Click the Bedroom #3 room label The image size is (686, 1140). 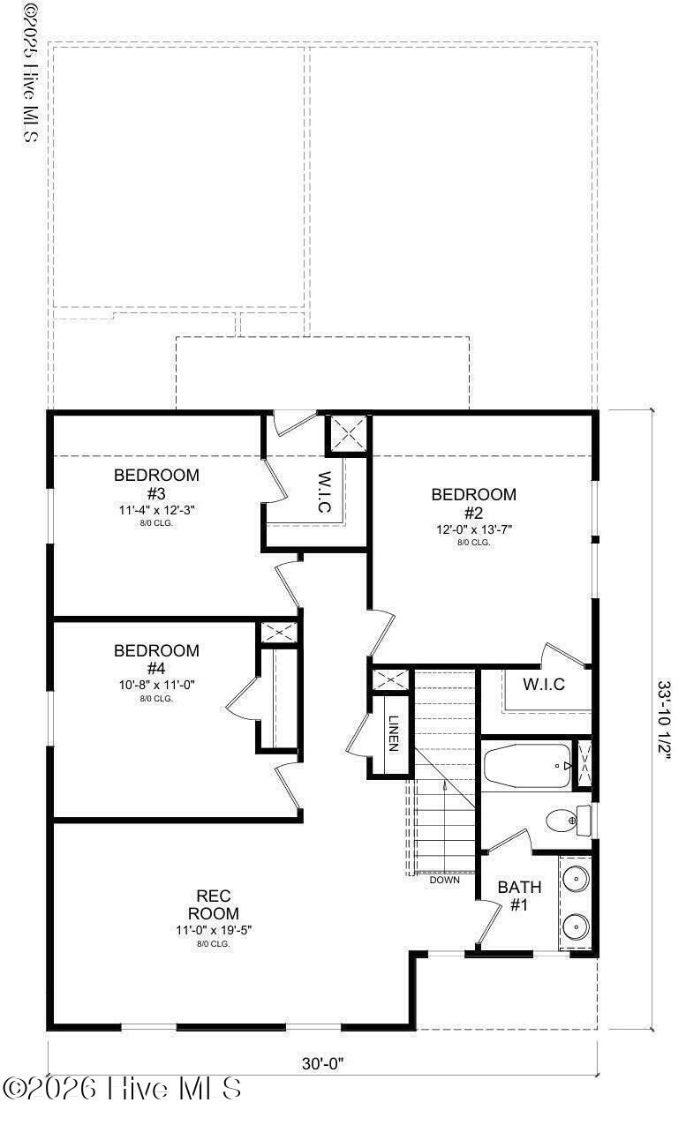click(x=156, y=484)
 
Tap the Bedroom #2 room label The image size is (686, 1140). click(x=473, y=503)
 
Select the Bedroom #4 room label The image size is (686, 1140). click(x=156, y=659)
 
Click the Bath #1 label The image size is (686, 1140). click(x=519, y=895)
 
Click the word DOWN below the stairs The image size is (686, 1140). click(x=444, y=880)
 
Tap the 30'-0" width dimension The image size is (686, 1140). click(x=322, y=1063)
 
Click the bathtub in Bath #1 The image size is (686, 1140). click(x=527, y=764)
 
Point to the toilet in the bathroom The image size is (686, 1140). click(x=562, y=821)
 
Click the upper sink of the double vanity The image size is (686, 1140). click(x=576, y=878)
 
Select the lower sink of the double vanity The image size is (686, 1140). click(x=576, y=926)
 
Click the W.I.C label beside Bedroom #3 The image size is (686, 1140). click(x=324, y=492)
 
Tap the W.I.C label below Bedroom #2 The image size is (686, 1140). click(x=543, y=684)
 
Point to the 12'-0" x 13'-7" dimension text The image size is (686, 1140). click(x=473, y=529)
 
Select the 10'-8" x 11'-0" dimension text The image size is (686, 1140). click(x=156, y=685)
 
